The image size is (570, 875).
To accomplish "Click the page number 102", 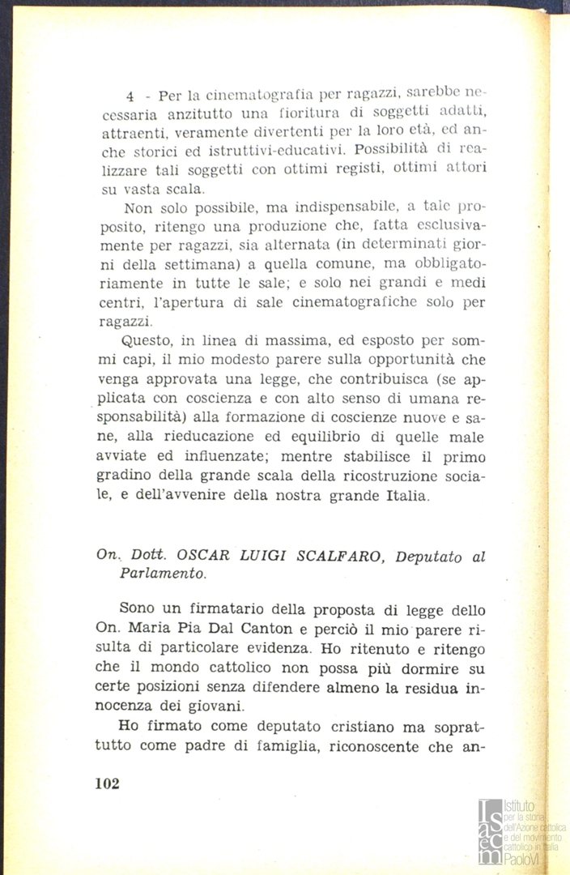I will tap(107, 783).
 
